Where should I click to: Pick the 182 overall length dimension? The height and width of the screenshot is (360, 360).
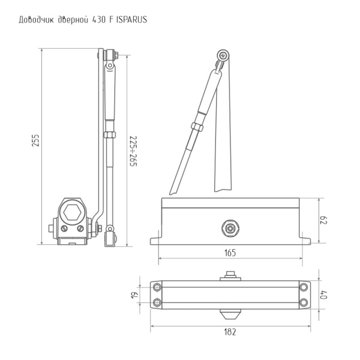point(230,331)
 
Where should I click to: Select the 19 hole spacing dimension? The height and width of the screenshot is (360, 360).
point(136,294)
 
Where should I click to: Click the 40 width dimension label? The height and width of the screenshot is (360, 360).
point(324,294)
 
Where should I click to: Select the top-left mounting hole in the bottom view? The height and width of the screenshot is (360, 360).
point(157,286)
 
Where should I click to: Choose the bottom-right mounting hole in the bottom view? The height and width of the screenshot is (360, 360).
point(304,302)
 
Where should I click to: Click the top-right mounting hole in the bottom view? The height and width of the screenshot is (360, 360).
point(304,286)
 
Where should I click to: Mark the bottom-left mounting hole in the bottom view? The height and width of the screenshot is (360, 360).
point(157,302)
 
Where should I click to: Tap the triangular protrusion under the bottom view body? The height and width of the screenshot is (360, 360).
point(230,314)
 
